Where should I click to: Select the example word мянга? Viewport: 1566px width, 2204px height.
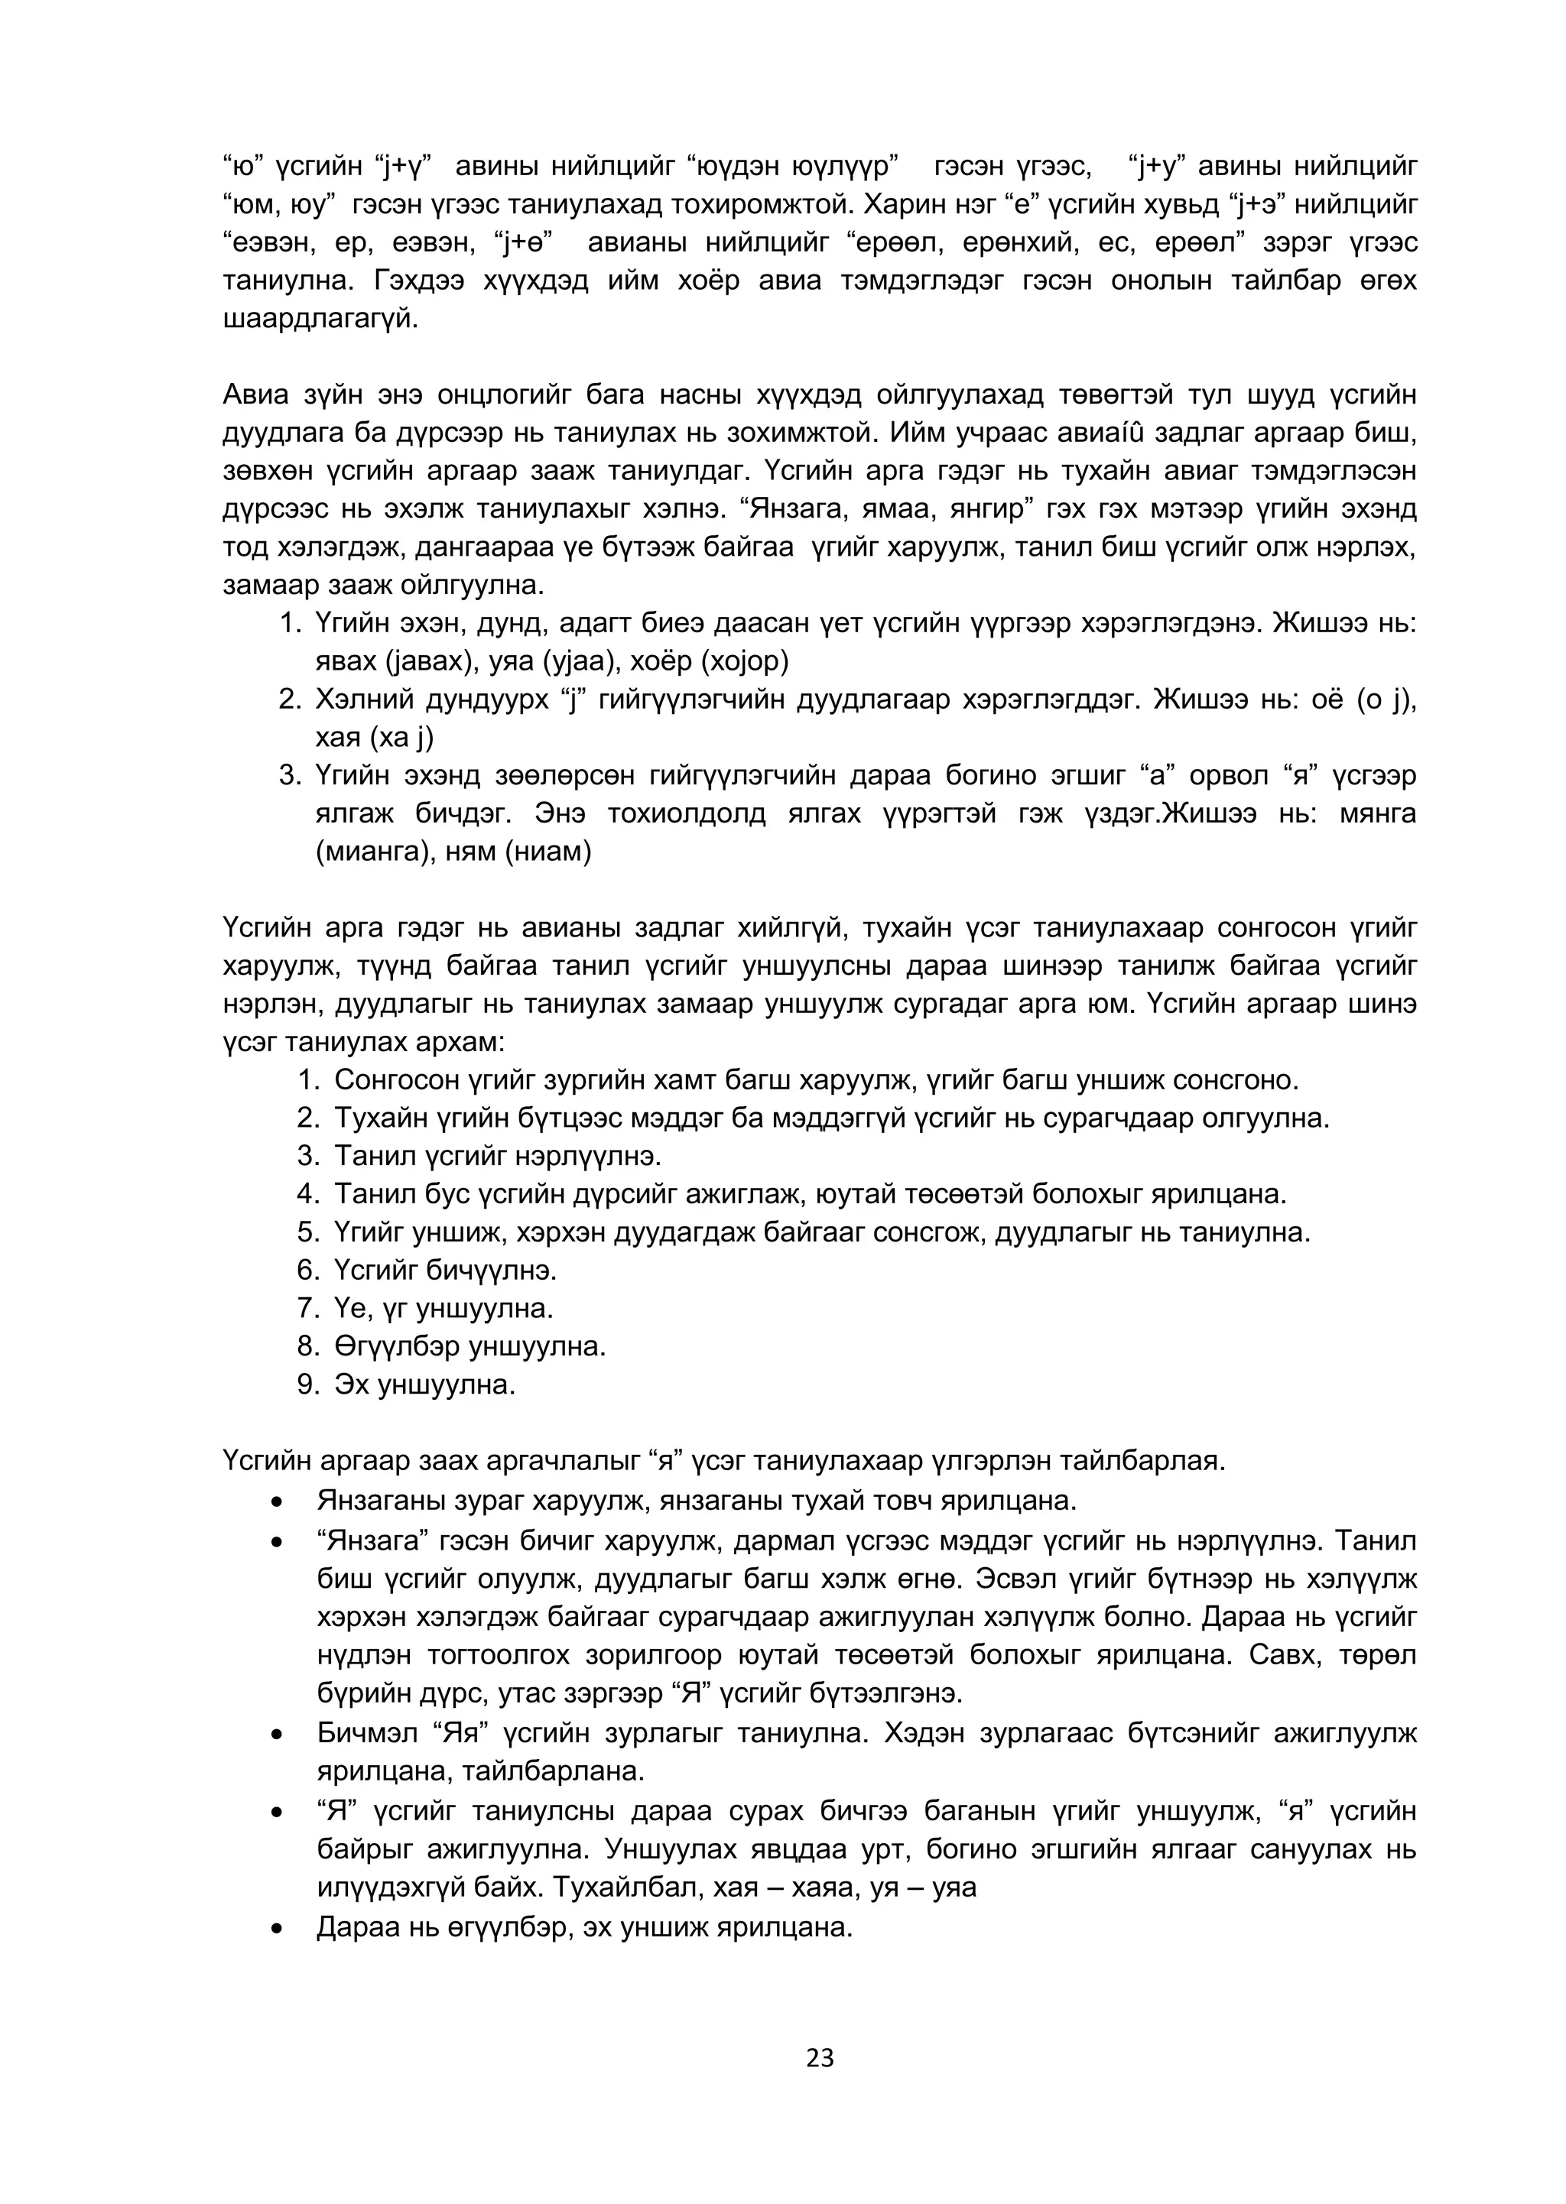point(1377,813)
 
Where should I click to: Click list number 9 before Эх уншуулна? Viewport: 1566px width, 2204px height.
point(307,1384)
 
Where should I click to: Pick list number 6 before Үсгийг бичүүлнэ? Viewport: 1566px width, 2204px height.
point(307,1270)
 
